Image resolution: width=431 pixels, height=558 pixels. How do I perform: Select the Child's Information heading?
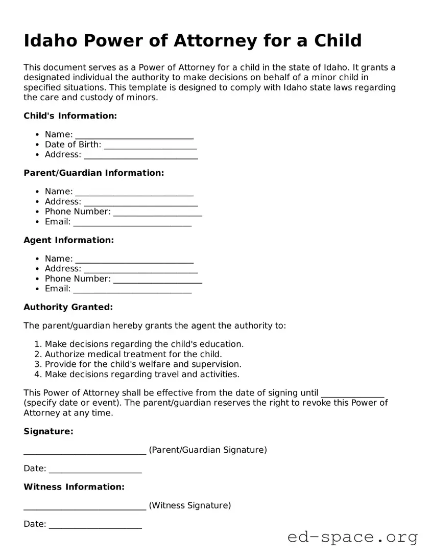tap(70, 116)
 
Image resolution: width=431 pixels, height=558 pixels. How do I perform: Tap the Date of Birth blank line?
tap(150, 146)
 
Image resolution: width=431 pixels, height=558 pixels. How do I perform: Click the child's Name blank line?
tap(134, 135)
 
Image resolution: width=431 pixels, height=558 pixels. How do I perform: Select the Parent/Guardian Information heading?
tap(93, 173)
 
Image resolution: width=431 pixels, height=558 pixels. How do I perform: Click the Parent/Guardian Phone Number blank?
tap(157, 213)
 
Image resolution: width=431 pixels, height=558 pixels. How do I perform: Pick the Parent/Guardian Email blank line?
tap(132, 223)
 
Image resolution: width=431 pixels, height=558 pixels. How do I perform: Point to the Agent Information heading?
tap(68, 240)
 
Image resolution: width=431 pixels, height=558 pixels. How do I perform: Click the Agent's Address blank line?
tap(140, 270)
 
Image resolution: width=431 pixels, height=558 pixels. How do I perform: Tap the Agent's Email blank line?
tap(132, 290)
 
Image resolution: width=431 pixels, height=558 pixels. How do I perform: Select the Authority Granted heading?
tap(68, 307)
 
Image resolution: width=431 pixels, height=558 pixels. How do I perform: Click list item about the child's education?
tap(144, 344)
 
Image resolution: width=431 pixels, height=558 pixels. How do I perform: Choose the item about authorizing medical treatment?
tap(133, 354)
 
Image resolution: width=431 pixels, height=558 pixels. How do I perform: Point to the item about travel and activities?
tap(142, 374)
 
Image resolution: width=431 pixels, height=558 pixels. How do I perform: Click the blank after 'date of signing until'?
tap(352, 394)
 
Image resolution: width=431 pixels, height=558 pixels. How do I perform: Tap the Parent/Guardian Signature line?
tap(85, 451)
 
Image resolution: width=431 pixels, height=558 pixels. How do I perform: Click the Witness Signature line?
tap(85, 507)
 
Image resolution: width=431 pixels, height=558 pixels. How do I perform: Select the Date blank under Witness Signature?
tap(95, 525)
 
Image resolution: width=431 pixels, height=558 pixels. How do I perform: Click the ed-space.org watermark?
tap(352, 538)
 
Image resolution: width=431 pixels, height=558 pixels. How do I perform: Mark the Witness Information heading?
tap(74, 487)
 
